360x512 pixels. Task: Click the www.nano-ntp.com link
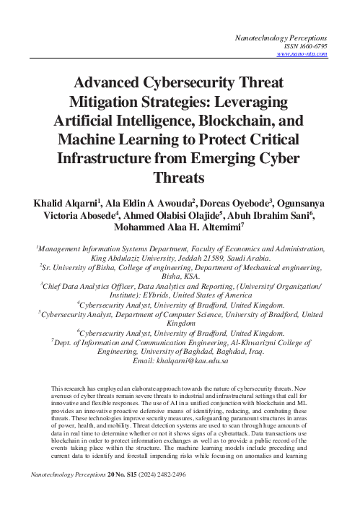pos(303,53)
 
